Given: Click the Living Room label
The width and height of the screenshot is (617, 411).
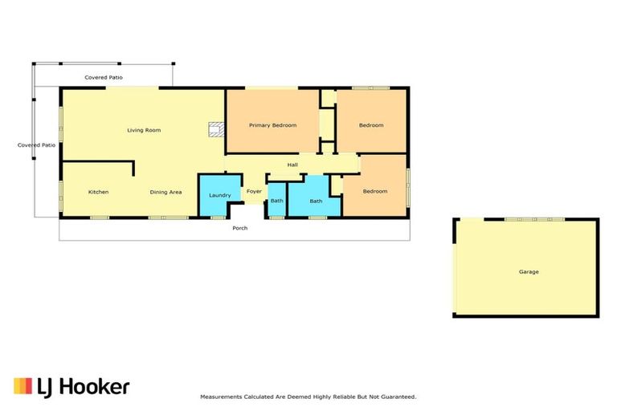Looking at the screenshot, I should pyautogui.click(x=144, y=129).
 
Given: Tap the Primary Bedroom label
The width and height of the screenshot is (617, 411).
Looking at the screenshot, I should pyautogui.click(x=272, y=125).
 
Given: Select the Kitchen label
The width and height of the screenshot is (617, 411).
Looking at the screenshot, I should pyautogui.click(x=98, y=192).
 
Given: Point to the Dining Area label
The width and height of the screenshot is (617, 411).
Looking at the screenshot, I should pyautogui.click(x=165, y=192).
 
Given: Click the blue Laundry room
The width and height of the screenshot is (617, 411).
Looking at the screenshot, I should pyautogui.click(x=219, y=195).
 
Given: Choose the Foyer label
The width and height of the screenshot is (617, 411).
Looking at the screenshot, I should pyautogui.click(x=254, y=192).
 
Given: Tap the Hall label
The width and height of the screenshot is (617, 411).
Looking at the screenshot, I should pyautogui.click(x=293, y=165).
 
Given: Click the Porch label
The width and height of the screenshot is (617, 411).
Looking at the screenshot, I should pyautogui.click(x=240, y=228).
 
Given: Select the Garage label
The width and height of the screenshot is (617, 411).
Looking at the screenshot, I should pyautogui.click(x=528, y=272).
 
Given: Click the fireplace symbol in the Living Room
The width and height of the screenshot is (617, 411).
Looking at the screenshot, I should pyautogui.click(x=215, y=129).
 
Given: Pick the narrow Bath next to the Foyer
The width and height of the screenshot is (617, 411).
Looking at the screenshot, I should pyautogui.click(x=276, y=201).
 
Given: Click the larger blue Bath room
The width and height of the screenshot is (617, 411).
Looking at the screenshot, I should pyautogui.click(x=316, y=201).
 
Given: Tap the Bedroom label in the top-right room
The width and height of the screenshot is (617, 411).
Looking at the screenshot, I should pyautogui.click(x=371, y=125).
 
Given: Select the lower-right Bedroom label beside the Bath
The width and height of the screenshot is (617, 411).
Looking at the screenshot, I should pyautogui.click(x=374, y=191).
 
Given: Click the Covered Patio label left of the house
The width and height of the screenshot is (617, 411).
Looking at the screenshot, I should pyautogui.click(x=37, y=145).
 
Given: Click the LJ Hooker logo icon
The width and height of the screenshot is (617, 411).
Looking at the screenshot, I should pyautogui.click(x=22, y=386).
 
